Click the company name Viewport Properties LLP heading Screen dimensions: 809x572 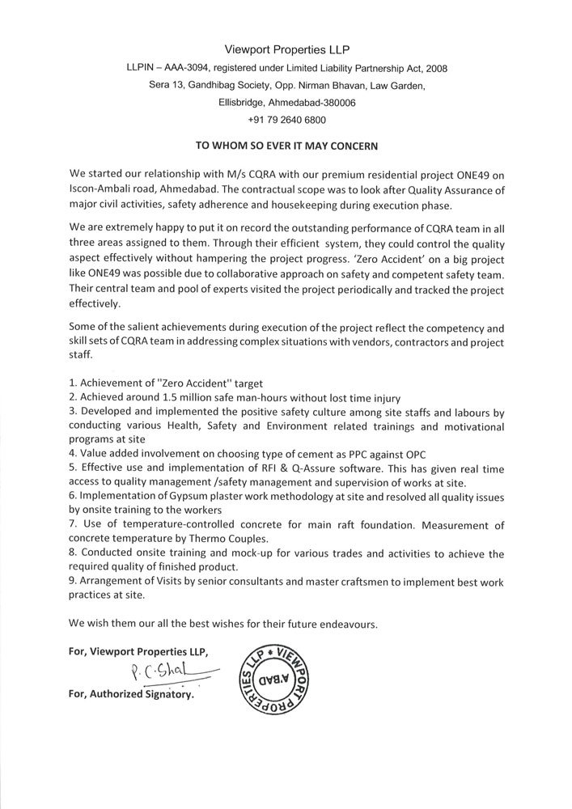coord(286,50)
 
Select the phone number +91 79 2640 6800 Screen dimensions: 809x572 coord(286,120)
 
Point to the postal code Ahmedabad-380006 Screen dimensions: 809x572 coord(313,103)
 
